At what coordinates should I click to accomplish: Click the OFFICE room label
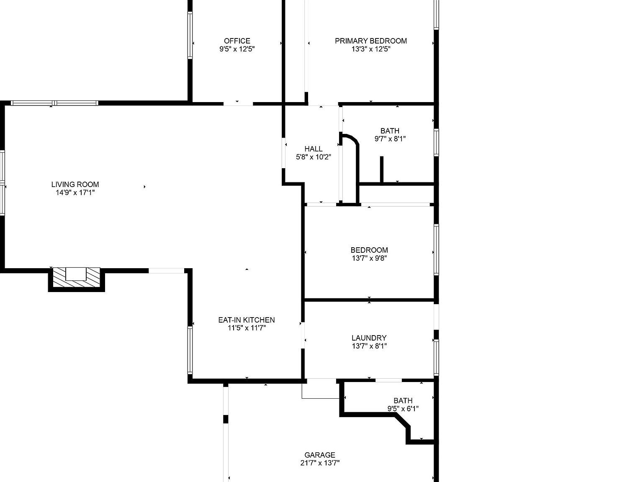[237, 41]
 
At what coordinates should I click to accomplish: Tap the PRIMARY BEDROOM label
[370, 41]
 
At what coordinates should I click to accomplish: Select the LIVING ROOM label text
[75, 185]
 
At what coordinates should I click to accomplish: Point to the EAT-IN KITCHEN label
[246, 320]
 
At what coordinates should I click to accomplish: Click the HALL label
[313, 149]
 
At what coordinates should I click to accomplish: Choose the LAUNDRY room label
[369, 338]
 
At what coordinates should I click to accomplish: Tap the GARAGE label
[319, 455]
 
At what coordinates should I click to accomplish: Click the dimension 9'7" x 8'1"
[390, 139]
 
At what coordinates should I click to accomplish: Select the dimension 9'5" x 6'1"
[403, 409]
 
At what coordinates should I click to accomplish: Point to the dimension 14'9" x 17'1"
[75, 193]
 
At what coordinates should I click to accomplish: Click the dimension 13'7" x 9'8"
[369, 258]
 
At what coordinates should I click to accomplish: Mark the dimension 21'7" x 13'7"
[319, 463]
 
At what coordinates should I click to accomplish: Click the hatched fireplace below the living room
[76, 278]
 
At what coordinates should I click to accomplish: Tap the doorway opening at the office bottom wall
[238, 103]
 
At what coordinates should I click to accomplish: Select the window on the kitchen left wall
[190, 350]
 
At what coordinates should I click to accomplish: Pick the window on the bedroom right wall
[436, 249]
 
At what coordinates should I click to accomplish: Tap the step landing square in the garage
[320, 389]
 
